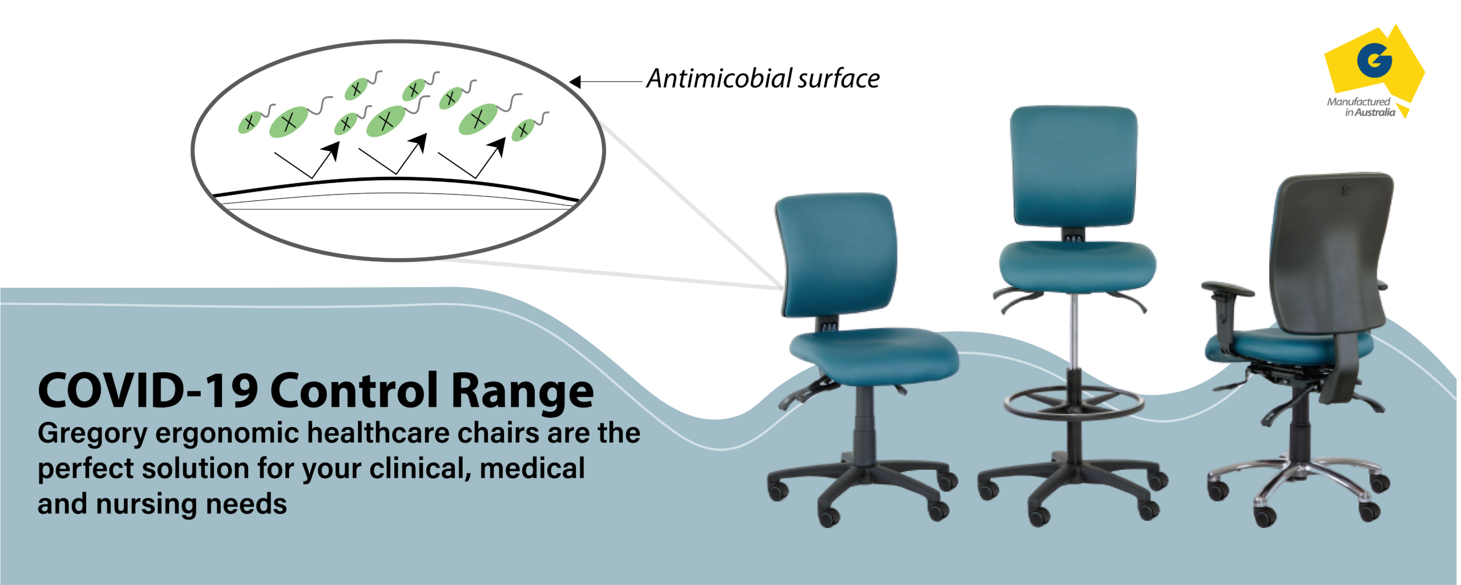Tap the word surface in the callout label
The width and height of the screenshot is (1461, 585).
840,78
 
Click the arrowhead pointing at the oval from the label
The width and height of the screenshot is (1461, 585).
575,82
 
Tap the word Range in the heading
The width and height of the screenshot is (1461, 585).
522,392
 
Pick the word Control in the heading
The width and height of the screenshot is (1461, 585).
354,391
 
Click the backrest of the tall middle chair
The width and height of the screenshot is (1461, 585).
1073,166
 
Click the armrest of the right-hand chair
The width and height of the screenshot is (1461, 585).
1227,289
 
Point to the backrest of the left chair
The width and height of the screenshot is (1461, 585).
836,254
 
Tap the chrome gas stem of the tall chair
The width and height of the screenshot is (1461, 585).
1074,331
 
